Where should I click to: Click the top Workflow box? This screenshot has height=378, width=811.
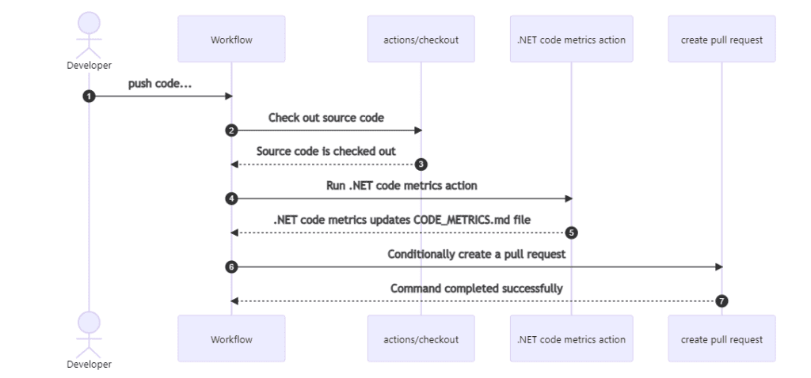click(231, 39)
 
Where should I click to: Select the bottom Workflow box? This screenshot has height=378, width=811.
click(231, 339)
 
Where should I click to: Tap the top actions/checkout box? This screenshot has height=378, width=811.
click(421, 39)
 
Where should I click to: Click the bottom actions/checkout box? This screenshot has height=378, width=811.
click(421, 339)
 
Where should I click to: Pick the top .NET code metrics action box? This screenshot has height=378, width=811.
click(570, 39)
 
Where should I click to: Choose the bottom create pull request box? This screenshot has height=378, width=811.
click(722, 339)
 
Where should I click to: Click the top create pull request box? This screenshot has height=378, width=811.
click(722, 39)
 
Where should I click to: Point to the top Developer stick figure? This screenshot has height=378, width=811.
click(89, 32)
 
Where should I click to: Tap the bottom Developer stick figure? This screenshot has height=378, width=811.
click(89, 332)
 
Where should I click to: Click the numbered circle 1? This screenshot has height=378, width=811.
click(89, 96)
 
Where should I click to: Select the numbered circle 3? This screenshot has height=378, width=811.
click(421, 164)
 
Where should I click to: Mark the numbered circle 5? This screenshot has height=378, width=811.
click(570, 233)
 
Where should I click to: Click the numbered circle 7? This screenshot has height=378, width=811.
click(722, 301)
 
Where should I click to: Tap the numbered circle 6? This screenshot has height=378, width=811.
click(231, 267)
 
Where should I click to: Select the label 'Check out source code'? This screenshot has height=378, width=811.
click(326, 118)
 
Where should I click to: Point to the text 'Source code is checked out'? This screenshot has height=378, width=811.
click(326, 152)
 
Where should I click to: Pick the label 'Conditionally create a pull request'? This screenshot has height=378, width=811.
click(476, 255)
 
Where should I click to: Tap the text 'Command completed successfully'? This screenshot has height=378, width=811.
click(476, 289)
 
